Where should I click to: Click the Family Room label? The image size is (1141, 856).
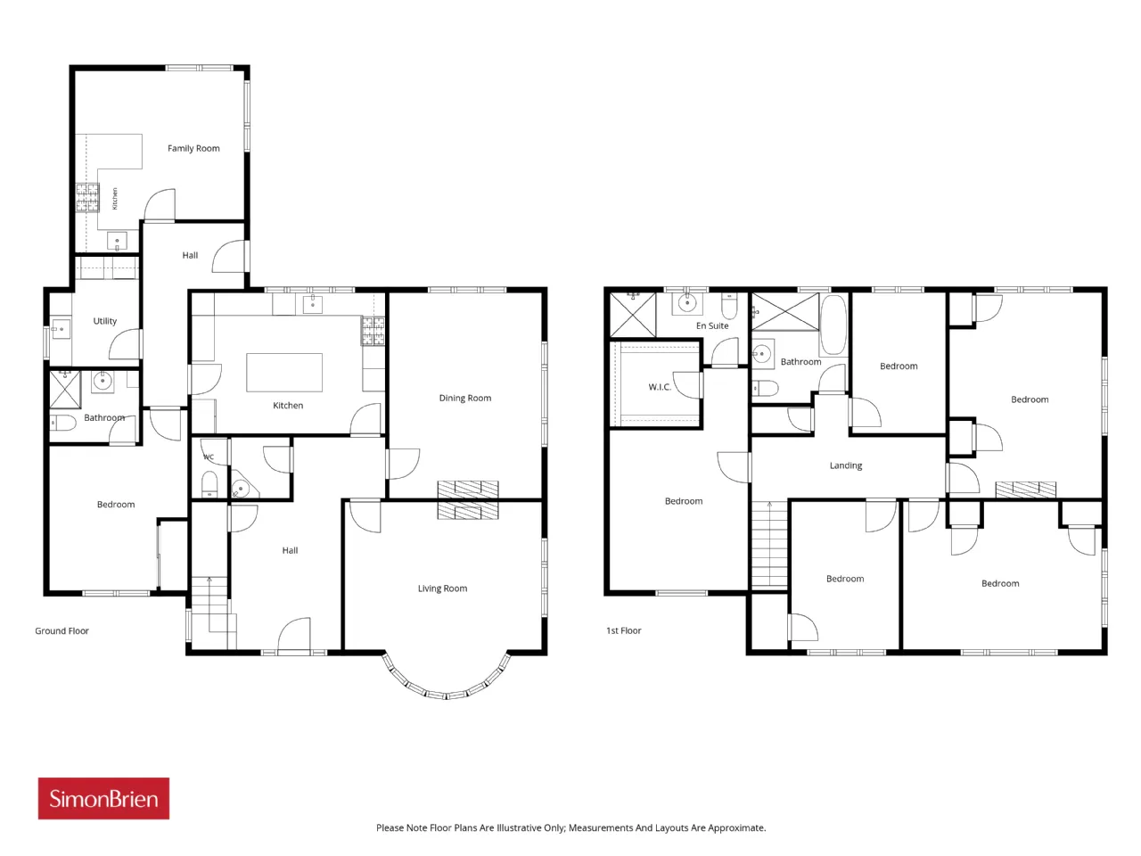[x=193, y=148]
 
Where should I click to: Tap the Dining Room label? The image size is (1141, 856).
[x=464, y=398]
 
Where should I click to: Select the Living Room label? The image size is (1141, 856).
[x=442, y=588]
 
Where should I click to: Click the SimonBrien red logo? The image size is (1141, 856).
[x=103, y=798]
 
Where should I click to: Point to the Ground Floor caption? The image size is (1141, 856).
[x=62, y=630]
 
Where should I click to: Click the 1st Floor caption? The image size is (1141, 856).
[x=623, y=630]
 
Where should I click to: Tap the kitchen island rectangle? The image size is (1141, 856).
[x=283, y=372]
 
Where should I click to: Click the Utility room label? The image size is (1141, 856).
[x=104, y=321]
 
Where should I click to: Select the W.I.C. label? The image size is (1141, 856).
[x=660, y=387]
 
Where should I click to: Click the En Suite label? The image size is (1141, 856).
[x=712, y=325]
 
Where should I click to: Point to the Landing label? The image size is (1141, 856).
[x=845, y=465]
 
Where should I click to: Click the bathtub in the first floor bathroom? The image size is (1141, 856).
[x=833, y=325]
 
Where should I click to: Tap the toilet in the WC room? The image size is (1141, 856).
[x=209, y=483]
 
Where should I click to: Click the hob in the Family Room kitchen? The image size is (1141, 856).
[x=87, y=198]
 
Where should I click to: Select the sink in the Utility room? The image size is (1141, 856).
[x=61, y=329]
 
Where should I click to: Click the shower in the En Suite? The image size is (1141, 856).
[x=632, y=315]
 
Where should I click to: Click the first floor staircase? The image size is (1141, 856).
[x=769, y=544]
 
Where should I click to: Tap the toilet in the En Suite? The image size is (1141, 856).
[x=729, y=306]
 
